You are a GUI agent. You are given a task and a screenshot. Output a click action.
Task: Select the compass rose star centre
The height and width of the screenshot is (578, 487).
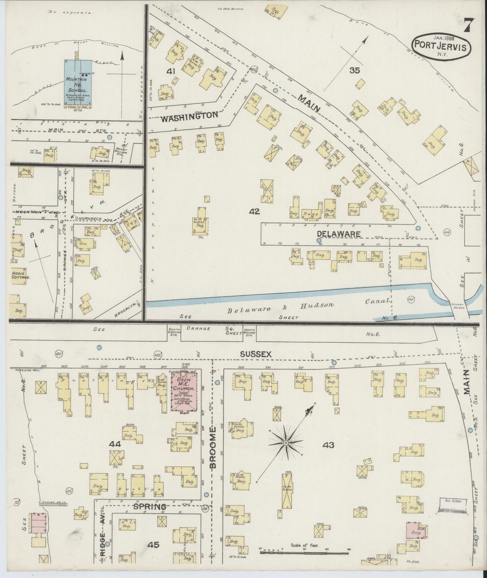(285, 443)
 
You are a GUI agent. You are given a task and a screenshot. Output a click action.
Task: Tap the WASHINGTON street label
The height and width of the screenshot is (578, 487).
(189, 115)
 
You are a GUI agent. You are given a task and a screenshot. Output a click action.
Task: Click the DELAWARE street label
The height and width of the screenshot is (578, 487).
(338, 234)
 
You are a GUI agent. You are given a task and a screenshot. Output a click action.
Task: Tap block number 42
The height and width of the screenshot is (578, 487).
(254, 211)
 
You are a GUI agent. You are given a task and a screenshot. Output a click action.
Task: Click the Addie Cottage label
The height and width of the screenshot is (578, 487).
(21, 275)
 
